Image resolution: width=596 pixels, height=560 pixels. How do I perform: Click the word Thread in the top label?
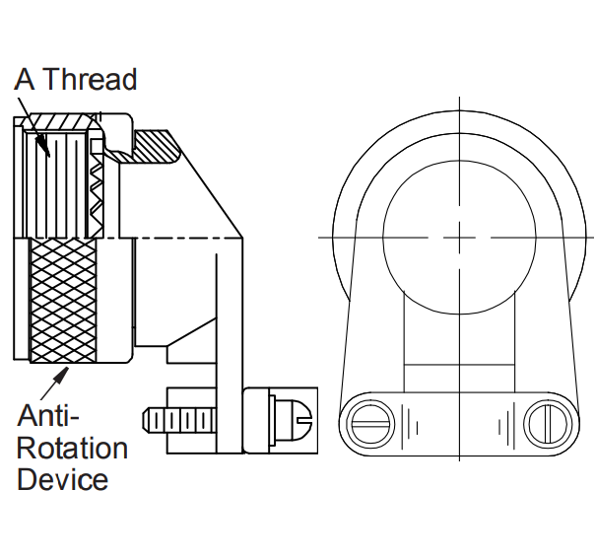(92, 79)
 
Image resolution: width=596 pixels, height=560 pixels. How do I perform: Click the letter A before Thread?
(25, 79)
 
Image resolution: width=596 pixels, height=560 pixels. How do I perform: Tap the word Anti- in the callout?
(48, 415)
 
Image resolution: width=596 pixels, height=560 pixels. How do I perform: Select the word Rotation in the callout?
(72, 449)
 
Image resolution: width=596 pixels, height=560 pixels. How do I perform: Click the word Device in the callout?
(63, 479)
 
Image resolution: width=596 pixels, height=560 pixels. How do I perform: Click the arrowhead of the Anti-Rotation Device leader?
(61, 375)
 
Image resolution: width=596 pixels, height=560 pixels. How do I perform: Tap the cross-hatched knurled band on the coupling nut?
(63, 300)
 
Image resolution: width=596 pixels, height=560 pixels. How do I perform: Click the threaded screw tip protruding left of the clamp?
(178, 420)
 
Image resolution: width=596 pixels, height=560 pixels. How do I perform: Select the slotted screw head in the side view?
(292, 420)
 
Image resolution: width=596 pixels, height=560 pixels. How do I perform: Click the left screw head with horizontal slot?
(370, 424)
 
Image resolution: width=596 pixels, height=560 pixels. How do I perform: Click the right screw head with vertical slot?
(548, 424)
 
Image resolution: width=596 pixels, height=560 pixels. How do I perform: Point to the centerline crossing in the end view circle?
(459, 238)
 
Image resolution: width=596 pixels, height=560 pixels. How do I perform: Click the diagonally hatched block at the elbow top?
(157, 147)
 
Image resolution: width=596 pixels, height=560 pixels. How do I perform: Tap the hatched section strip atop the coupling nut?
(61, 121)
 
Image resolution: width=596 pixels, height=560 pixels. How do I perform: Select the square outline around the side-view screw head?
(280, 420)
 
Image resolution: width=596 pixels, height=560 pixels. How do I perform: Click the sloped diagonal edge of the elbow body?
(205, 184)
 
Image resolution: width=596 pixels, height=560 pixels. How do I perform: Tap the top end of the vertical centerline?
(459, 98)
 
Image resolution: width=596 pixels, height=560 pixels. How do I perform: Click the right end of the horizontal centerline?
(594, 238)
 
